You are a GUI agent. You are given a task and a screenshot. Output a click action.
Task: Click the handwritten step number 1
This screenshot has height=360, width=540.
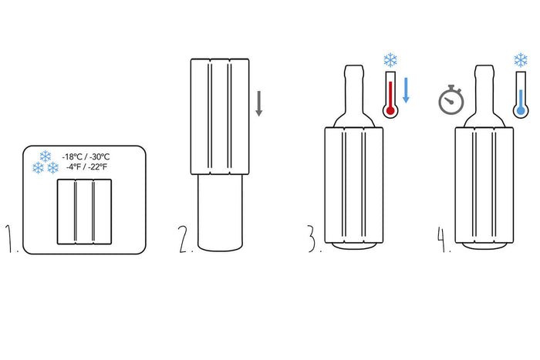tap(10, 238)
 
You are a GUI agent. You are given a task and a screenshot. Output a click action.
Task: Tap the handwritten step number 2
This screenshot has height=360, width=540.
tap(185, 239)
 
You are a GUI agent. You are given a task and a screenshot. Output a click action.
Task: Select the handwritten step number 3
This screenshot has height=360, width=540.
tap(312, 238)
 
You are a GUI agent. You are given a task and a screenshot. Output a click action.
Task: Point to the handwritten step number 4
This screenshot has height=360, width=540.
tap(444, 238)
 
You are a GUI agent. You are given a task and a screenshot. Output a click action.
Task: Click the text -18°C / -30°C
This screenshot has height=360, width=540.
tap(86, 157)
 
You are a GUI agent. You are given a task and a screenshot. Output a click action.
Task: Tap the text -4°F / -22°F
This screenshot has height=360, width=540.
tap(86, 167)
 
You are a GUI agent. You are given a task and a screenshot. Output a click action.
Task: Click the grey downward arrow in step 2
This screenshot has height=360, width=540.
tap(259, 103)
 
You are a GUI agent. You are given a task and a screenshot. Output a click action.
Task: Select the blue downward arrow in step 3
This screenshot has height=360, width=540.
tap(406, 90)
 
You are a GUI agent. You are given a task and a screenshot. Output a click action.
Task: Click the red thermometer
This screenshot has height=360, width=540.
tap(390, 95)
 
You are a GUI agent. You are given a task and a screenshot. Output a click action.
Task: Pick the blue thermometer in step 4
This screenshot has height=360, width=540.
tap(521, 95)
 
